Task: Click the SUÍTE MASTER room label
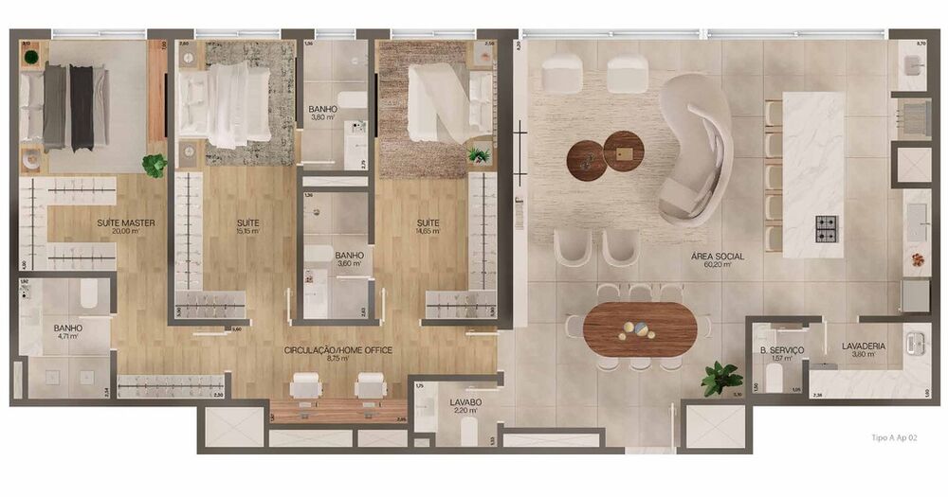pos(125,223)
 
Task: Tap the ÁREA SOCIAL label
pos(718,257)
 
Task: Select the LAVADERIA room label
pos(863,346)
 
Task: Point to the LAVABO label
pos(465,402)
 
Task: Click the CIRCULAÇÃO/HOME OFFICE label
pos(338,350)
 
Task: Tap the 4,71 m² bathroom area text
pos(67,338)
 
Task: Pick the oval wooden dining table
pos(640,328)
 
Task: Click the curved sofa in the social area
pos(700,151)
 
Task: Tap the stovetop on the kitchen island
pos(827,228)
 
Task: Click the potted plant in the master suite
pos(155,165)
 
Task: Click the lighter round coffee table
pos(624,151)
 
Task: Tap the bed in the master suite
pos(66,106)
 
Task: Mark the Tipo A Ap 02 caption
pos(893,437)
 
